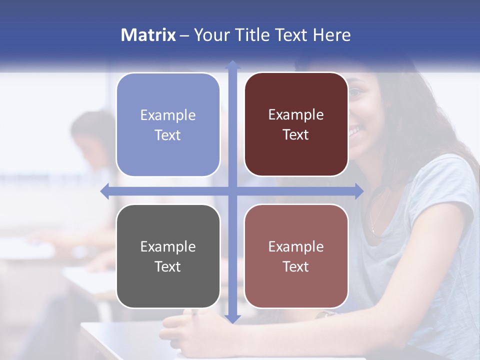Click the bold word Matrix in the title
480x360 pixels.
(x=148, y=35)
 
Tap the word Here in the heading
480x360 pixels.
(x=331, y=35)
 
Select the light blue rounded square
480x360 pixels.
(x=168, y=124)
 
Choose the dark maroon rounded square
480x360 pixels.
(x=296, y=124)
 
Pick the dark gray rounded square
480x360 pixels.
(x=168, y=256)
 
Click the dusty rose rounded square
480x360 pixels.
(x=296, y=256)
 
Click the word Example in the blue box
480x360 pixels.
(x=168, y=115)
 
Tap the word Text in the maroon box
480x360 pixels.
(x=296, y=135)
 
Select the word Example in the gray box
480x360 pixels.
(x=168, y=246)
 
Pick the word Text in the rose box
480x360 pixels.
(x=296, y=267)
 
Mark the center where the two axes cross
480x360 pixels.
(x=232, y=191)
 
